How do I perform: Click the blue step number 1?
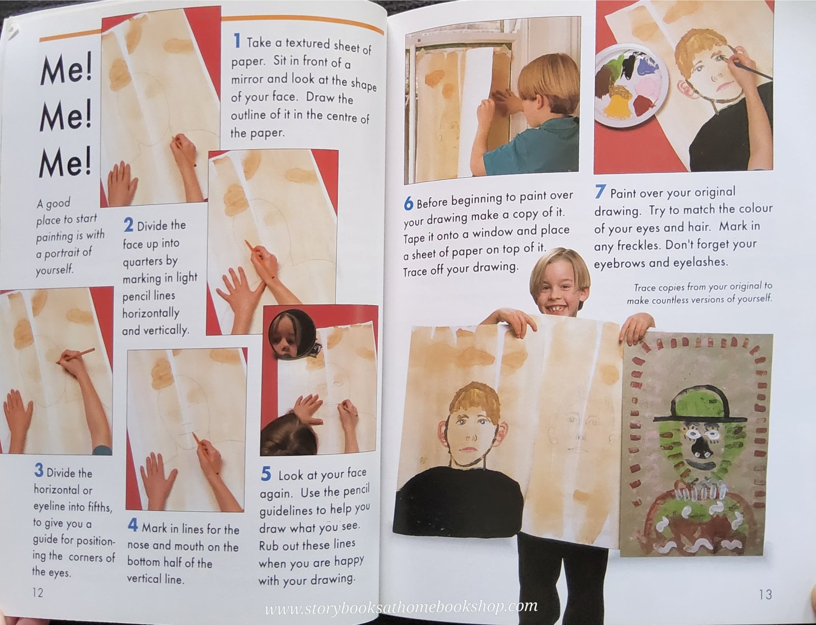pyautogui.click(x=237, y=41)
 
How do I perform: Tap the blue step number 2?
pyautogui.click(x=128, y=225)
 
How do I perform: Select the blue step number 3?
pyautogui.click(x=38, y=470)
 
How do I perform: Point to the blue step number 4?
pyautogui.click(x=133, y=526)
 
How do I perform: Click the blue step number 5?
pyautogui.click(x=265, y=474)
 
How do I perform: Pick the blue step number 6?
pyautogui.click(x=408, y=204)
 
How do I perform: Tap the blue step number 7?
pyautogui.click(x=600, y=192)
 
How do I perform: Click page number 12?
pyautogui.click(x=38, y=593)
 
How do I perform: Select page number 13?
pyautogui.click(x=765, y=595)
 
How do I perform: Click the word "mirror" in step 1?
pyautogui.click(x=247, y=80)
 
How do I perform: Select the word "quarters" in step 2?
pyautogui.click(x=150, y=262)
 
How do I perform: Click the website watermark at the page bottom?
pyautogui.click(x=401, y=607)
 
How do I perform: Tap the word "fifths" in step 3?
pyautogui.click(x=98, y=507)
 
